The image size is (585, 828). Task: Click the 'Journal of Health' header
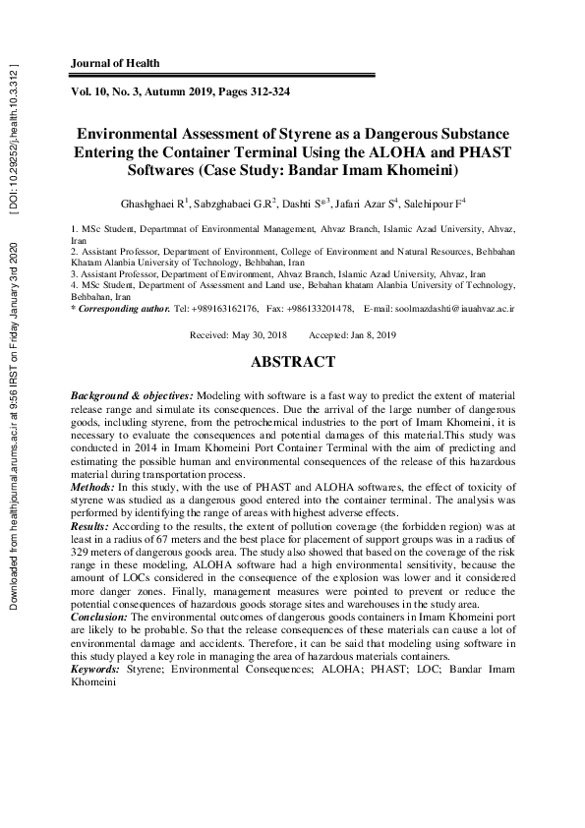pyautogui.click(x=115, y=63)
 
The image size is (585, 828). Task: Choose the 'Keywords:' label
pyautogui.click(x=95, y=668)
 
